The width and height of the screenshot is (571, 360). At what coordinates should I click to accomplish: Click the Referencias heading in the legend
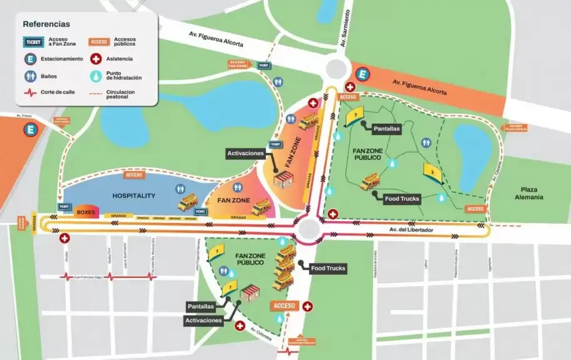tap(46, 24)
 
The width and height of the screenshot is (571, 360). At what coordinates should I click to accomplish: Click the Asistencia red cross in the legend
tap(96, 59)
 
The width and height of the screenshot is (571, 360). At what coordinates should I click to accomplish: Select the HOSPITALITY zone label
tap(133, 196)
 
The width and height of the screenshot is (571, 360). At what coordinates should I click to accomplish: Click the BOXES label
tap(86, 212)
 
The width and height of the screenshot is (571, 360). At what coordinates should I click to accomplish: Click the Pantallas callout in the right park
tap(386, 128)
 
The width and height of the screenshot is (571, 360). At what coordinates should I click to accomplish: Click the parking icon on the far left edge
tap(29, 131)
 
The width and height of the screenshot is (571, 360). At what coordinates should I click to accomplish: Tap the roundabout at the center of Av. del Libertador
tap(308, 229)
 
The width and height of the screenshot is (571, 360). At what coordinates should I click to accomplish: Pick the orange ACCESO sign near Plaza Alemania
tap(475, 208)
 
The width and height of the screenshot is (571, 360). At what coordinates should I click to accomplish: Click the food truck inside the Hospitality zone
tap(187, 203)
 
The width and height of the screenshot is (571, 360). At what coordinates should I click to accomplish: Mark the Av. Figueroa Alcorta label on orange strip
tap(419, 87)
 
